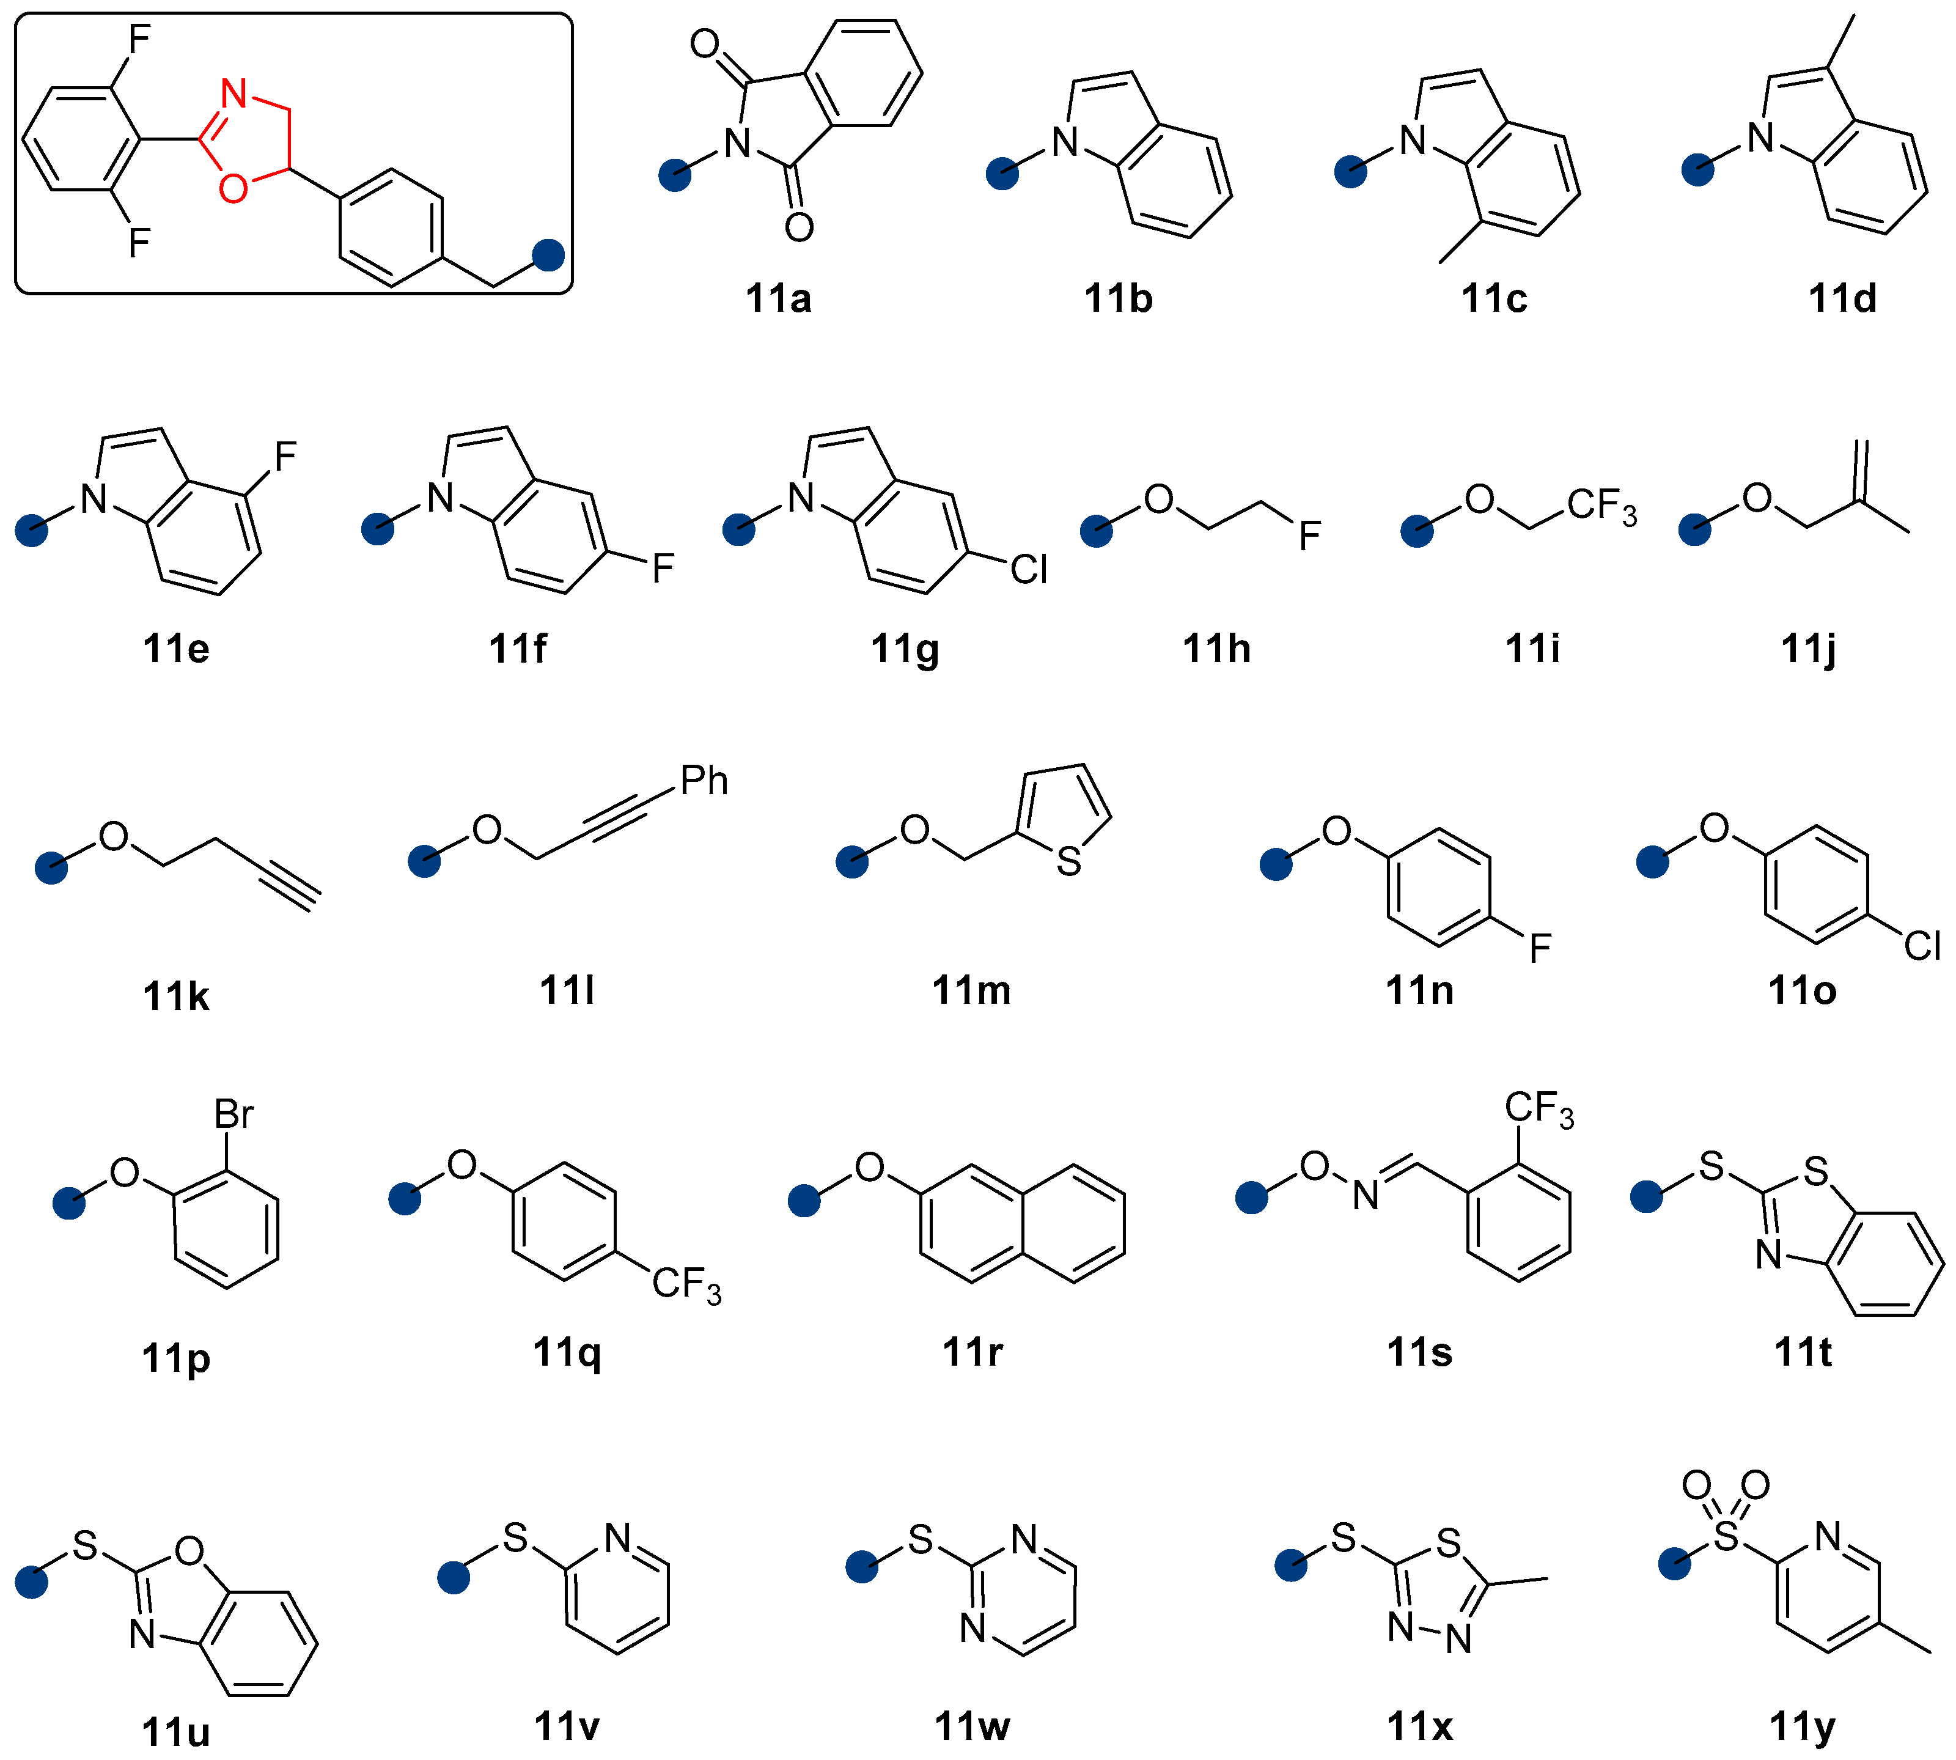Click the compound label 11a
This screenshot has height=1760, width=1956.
click(x=778, y=299)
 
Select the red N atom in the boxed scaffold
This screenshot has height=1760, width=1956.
click(x=234, y=95)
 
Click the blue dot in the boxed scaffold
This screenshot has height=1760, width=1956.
click(x=548, y=256)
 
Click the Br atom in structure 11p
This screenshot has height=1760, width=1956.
click(x=233, y=1115)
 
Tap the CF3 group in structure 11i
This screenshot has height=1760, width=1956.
click(x=1600, y=506)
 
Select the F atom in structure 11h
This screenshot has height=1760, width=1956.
click(x=1309, y=536)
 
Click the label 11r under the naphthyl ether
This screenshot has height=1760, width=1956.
click(x=972, y=1352)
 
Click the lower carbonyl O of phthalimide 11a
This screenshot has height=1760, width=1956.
click(x=799, y=227)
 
